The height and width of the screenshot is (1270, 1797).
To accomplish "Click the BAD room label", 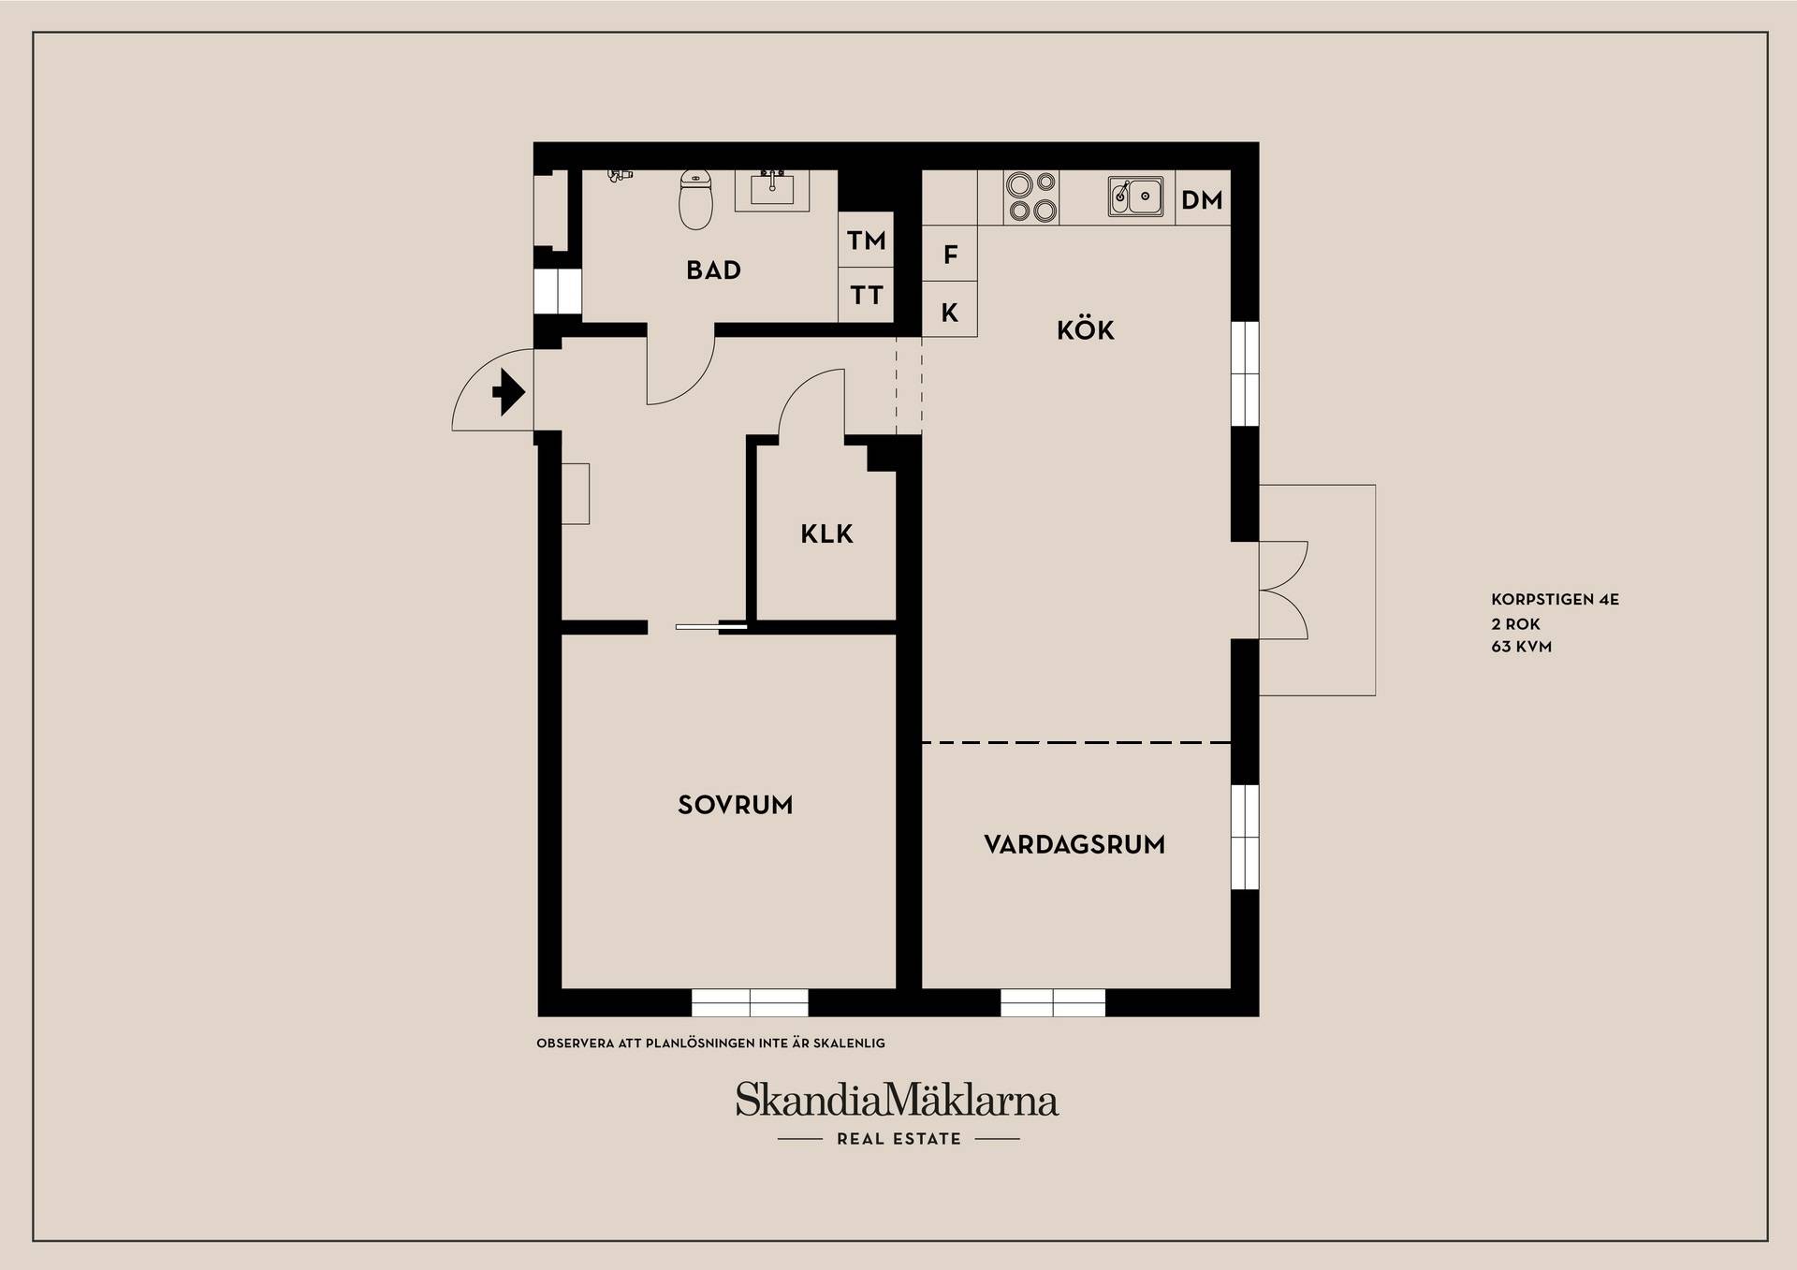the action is coord(713,270).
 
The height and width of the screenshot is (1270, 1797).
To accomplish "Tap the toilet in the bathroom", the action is coord(694,199).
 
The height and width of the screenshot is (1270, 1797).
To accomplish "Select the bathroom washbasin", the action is coord(772,190).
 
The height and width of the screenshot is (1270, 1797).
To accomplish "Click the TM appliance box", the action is coord(866,241).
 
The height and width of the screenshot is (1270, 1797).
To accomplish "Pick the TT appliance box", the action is coord(866,296).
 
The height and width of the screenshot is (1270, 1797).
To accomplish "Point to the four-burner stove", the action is coord(1031,197).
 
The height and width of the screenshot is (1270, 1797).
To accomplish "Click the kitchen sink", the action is coord(1135,197).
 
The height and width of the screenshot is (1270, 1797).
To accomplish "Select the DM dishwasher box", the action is coord(1203,198).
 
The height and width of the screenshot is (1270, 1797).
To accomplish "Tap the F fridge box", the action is coord(950,254).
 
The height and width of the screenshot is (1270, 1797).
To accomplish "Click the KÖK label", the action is coord(1086,329).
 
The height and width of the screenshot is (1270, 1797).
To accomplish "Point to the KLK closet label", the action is coord(826,534).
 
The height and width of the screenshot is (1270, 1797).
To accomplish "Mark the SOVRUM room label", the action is coord(736,805).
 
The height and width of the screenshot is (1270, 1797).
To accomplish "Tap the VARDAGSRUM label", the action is coord(1074,845).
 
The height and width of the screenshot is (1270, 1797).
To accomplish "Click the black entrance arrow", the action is coord(508,392).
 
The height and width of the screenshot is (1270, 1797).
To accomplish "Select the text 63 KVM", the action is coord(1521,647).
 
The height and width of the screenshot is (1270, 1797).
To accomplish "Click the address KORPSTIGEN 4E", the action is coord(1555,600).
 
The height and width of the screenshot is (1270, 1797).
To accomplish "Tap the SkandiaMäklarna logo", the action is coord(897,1101).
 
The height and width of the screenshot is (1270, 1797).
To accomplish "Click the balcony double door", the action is coord(1283,591).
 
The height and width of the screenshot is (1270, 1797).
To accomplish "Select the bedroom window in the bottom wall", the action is coord(750,1002).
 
